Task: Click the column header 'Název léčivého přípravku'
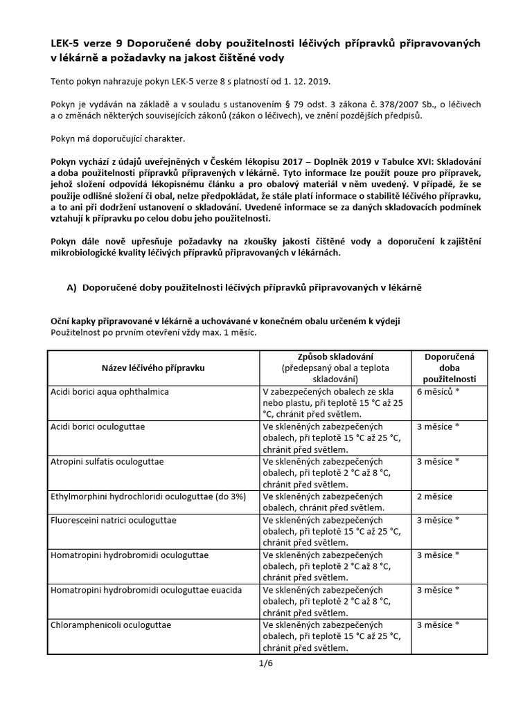[x=153, y=368]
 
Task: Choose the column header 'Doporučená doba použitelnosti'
[x=448, y=368]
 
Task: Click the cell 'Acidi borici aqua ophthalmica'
[x=109, y=392]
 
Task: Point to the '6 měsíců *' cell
[x=438, y=392]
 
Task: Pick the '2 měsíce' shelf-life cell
[x=434, y=496]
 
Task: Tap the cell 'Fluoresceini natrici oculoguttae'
[x=114, y=520]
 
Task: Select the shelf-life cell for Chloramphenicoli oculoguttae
[x=438, y=625]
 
